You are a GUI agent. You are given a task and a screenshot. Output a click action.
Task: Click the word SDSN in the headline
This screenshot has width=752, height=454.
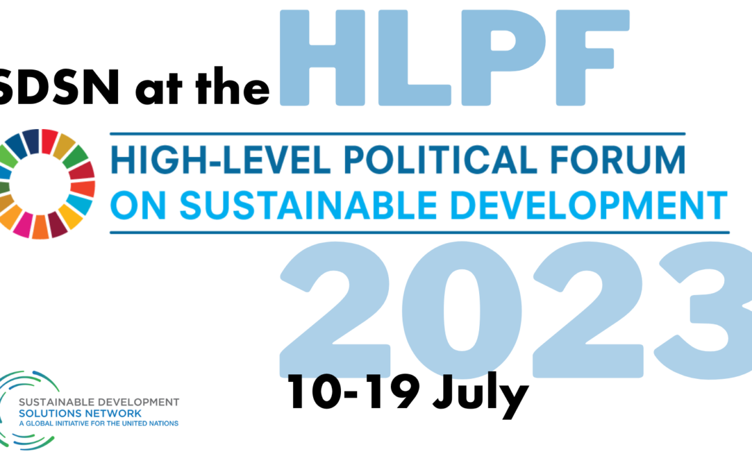tap(59, 86)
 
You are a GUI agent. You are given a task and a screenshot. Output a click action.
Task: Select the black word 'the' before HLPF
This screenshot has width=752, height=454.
tap(233, 86)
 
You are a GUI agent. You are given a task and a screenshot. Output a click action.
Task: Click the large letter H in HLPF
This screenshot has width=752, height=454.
tap(322, 58)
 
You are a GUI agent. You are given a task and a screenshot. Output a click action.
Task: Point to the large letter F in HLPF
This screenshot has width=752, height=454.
tap(593, 58)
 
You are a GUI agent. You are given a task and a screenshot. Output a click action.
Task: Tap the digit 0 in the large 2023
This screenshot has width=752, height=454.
tap(462, 311)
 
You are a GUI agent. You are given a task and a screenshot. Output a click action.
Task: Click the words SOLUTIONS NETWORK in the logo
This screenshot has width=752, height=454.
tap(80, 413)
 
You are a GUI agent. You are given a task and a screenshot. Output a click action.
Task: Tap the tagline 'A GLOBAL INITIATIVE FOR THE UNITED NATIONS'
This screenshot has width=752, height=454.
tap(99, 424)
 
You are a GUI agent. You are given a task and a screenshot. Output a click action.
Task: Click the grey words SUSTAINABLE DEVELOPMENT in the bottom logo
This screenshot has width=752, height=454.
tap(99, 402)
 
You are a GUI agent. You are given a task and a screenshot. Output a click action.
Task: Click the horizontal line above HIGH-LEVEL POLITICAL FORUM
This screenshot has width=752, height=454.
tap(397, 134)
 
